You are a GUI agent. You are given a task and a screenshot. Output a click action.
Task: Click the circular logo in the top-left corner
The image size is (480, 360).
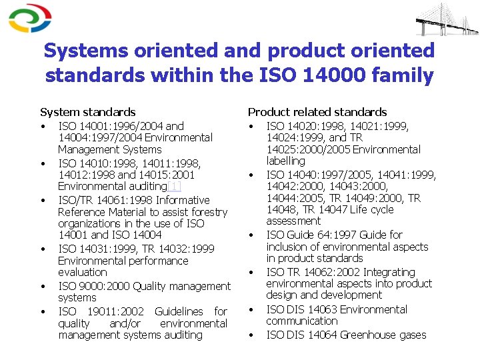click(30, 18)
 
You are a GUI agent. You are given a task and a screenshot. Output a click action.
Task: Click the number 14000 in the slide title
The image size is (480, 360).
click(332, 75)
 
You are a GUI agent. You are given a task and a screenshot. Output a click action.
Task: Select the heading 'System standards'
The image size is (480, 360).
click(87, 112)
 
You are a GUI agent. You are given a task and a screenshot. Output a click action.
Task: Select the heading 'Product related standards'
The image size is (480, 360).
click(317, 112)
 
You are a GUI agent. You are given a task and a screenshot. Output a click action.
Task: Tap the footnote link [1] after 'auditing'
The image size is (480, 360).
click(174, 187)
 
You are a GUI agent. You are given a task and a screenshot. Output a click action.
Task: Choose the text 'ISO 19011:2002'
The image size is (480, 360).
click(97, 311)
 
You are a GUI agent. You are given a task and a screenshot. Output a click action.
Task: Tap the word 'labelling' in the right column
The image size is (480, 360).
click(285, 161)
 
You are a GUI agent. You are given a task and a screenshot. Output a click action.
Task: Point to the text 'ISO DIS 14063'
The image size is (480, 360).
click(303, 309)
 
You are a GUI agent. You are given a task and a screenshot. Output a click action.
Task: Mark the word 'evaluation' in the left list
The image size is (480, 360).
click(82, 272)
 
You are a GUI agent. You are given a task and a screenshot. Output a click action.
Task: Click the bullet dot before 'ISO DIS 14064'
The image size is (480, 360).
click(252, 335)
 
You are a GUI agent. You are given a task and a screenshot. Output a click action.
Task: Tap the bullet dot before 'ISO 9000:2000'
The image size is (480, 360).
click(42, 287)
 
